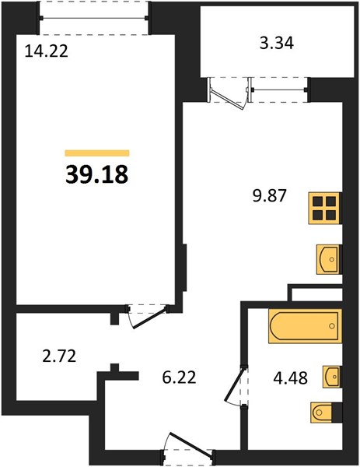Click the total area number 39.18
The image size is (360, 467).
[96, 174]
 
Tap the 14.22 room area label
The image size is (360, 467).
[47, 51]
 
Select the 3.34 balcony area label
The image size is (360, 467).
[277, 43]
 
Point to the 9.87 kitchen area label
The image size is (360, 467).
[269, 196]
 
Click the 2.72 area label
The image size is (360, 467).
[60, 356]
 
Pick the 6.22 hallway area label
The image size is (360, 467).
[179, 377]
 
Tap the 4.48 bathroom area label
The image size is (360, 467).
[290, 378]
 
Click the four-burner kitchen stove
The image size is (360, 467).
[325, 208]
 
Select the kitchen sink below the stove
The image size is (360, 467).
[329, 259]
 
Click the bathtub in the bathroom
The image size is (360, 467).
[306, 326]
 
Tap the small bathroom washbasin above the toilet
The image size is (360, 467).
[332, 377]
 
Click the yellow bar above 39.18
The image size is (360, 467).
[97, 153]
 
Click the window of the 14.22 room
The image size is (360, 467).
[94, 18]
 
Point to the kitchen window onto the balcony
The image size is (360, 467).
[279, 90]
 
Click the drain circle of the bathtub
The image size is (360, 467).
[332, 326]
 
